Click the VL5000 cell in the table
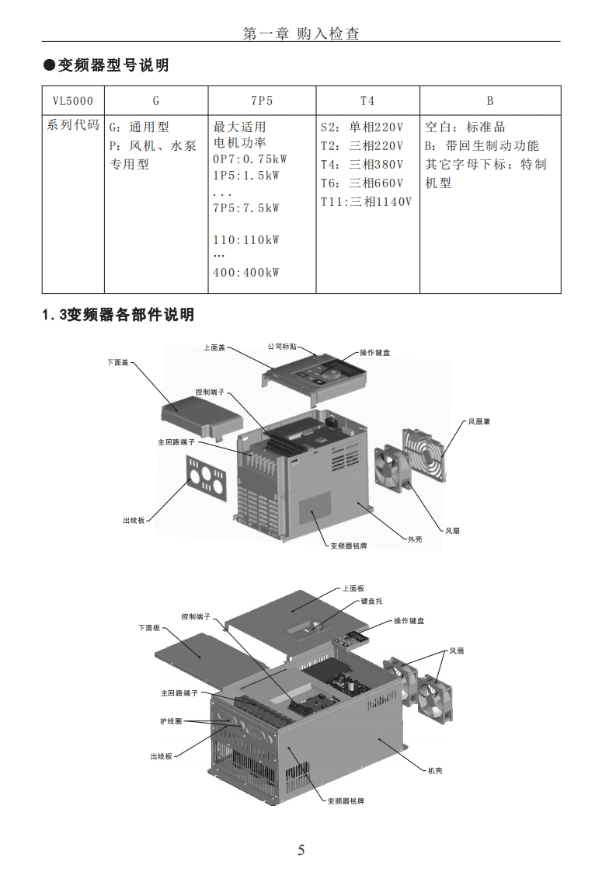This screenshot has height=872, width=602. [x=72, y=101]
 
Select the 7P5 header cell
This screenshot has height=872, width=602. [x=261, y=101]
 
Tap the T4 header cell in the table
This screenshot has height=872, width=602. [x=367, y=101]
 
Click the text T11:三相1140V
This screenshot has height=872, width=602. [x=366, y=202]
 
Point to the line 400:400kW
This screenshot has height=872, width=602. [x=245, y=273]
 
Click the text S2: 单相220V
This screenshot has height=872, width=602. [x=362, y=127]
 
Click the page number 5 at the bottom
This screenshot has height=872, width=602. [x=301, y=849]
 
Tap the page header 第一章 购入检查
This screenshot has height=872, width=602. [x=301, y=33]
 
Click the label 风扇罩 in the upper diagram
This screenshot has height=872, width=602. [x=478, y=422]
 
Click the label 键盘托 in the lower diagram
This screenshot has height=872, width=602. [x=371, y=601]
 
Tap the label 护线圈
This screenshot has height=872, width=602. [x=171, y=721]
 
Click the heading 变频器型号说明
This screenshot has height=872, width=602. [x=113, y=65]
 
